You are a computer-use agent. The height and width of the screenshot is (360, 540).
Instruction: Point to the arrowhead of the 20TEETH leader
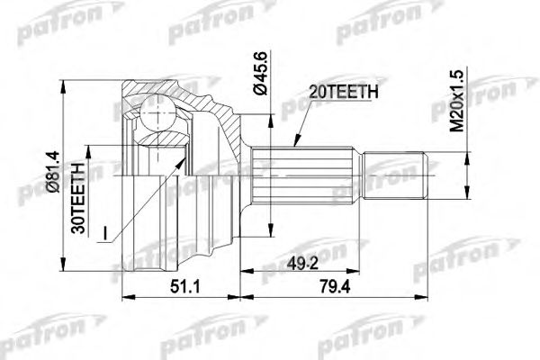(295, 147)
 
